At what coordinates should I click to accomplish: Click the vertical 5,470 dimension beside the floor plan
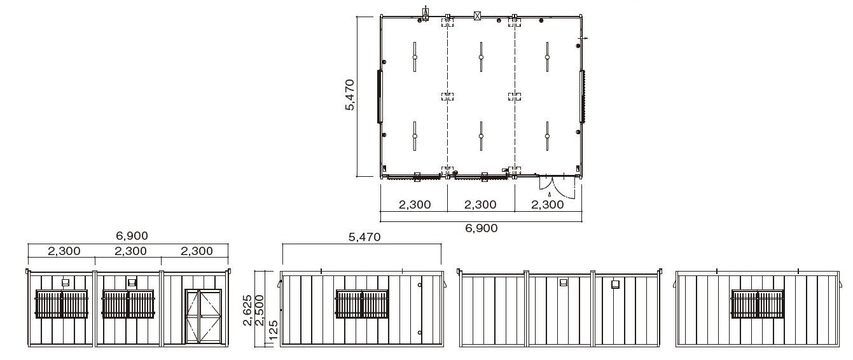(350, 95)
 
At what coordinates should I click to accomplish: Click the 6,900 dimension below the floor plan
(482, 228)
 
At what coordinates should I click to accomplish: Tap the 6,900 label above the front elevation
(132, 236)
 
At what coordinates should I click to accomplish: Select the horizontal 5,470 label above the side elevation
(364, 237)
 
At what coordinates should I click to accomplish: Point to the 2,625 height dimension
(247, 310)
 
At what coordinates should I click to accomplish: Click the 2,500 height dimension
(260, 310)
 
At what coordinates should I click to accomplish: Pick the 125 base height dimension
(273, 331)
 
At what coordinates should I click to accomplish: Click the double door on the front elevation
(204, 316)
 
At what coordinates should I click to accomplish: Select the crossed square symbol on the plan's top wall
(478, 16)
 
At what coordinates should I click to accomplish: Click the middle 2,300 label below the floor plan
(480, 205)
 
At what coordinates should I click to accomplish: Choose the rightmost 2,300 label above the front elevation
(197, 251)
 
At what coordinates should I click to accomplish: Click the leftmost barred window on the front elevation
(61, 303)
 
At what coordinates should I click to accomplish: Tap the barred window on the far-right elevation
(758, 303)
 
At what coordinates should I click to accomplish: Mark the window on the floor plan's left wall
(380, 97)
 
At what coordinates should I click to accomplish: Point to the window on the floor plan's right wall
(582, 97)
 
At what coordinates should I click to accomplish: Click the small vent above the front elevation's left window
(66, 282)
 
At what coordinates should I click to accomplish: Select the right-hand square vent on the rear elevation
(615, 284)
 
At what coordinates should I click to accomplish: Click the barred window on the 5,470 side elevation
(362, 303)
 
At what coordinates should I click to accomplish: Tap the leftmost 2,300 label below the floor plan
(415, 205)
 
